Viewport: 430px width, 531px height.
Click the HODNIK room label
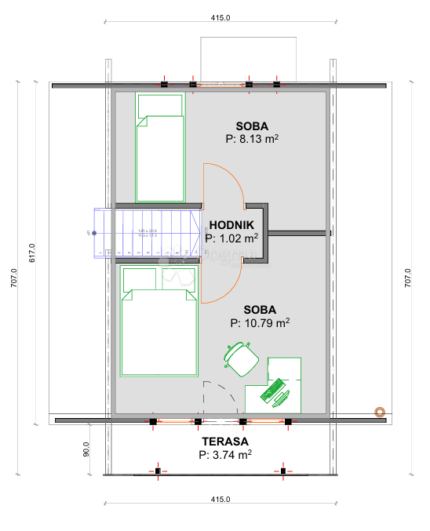coord(231,224)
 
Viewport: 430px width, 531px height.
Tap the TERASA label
coord(224,441)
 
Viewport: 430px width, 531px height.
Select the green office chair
coord(242,358)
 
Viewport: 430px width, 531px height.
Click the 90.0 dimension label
coord(86,453)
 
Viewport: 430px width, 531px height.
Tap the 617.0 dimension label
coord(32,251)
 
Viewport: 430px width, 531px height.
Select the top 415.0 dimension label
coord(220,17)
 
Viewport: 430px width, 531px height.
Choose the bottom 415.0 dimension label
coord(220,500)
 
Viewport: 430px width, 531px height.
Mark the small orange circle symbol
coord(380,411)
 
